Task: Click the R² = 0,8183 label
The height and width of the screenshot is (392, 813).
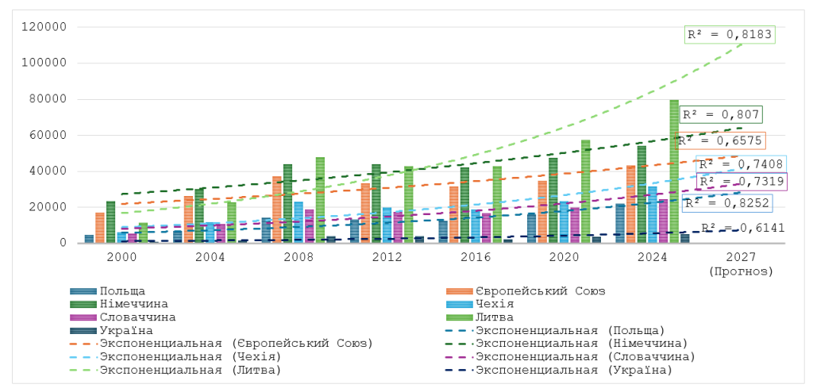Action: tap(729, 35)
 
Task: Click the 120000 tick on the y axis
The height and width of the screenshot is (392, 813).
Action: tap(49, 27)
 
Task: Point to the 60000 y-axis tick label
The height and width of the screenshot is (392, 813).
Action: tap(52, 136)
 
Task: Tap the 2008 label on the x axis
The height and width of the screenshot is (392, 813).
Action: tap(299, 259)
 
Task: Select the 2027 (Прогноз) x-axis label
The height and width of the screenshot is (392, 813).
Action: tap(740, 265)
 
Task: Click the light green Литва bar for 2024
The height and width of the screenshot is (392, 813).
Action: tap(674, 171)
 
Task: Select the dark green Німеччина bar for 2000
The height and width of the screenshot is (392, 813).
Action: tap(110, 222)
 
